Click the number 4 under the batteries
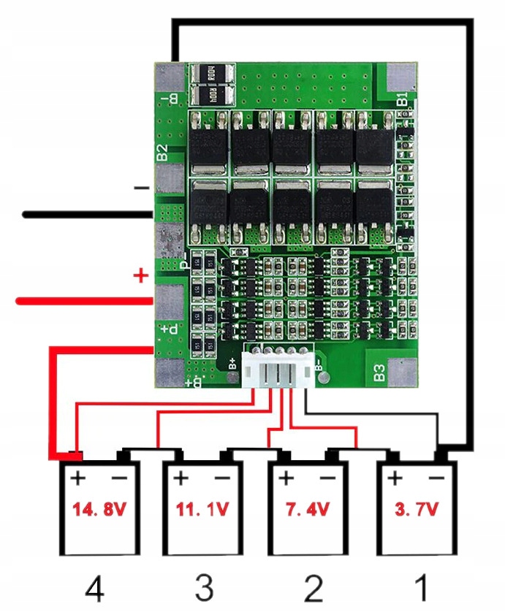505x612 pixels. (95, 588)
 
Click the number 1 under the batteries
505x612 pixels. (421, 588)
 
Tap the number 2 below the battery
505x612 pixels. (313, 588)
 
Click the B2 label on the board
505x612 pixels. (162, 153)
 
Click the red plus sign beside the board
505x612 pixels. (140, 276)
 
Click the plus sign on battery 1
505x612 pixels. (395, 478)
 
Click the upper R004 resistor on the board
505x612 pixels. (212, 73)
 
